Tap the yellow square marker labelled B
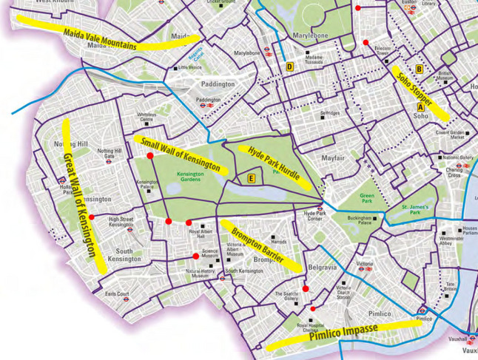(x=419, y=69)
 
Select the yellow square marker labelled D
(x=290, y=67)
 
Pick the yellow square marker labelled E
(x=252, y=177)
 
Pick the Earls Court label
(x=117, y=294)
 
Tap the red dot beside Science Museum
(x=196, y=257)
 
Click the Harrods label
(x=278, y=242)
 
